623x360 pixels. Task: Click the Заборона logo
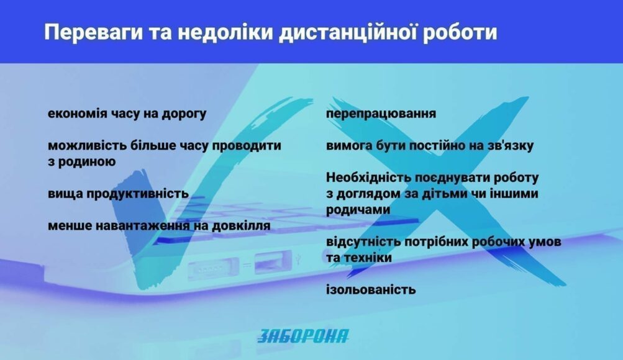coord(302,336)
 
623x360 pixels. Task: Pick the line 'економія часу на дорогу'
coord(127,114)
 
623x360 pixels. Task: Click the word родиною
coord(86,162)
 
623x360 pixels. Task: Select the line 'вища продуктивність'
coord(118,194)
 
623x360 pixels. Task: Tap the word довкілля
coord(241,225)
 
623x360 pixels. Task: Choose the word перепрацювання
coord(381,114)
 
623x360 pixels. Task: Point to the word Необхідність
coord(368,178)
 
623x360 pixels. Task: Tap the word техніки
coord(368,258)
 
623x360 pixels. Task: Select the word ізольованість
coord(371,289)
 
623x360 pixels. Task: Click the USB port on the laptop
coord(270,263)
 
